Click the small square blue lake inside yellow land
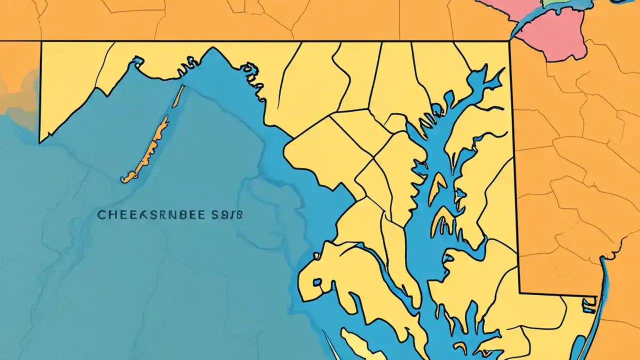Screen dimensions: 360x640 (x=317, y=283)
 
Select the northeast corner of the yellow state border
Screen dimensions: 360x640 (x=509, y=41)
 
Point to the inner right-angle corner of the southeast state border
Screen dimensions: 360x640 (x=520, y=292)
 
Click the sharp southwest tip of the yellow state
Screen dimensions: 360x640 (x=40, y=142)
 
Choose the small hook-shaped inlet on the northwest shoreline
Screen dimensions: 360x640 (x=135, y=61)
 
